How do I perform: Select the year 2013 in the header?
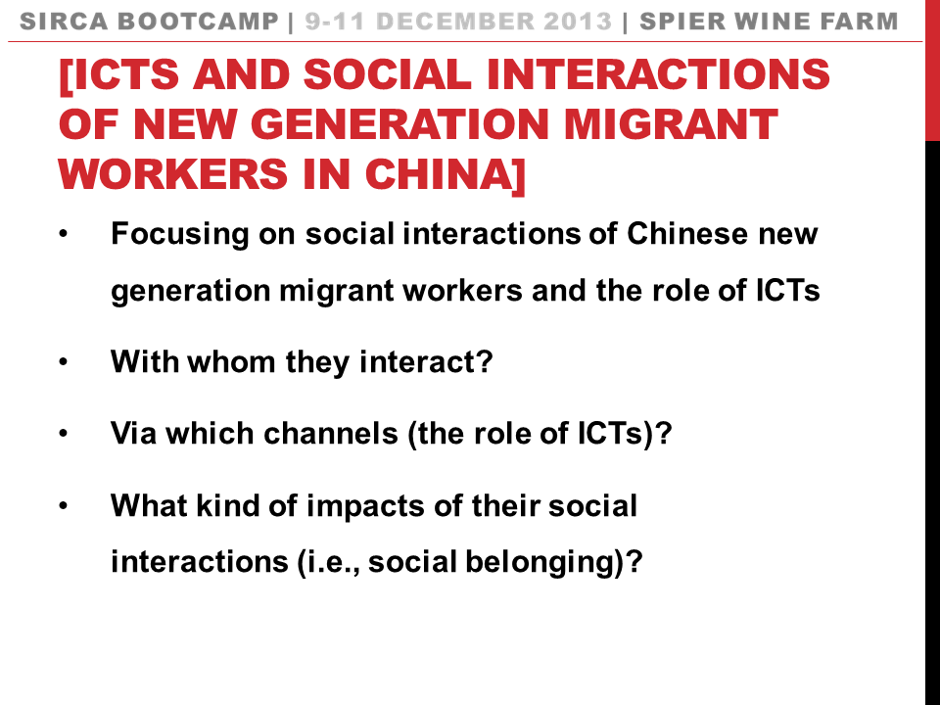click(582, 22)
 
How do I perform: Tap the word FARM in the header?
click(863, 22)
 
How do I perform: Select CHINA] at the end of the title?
click(445, 173)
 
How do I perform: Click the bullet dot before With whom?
click(64, 363)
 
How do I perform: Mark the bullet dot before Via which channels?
click(64, 434)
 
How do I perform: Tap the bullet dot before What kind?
click(64, 506)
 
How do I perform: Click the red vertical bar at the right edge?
click(932, 69)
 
